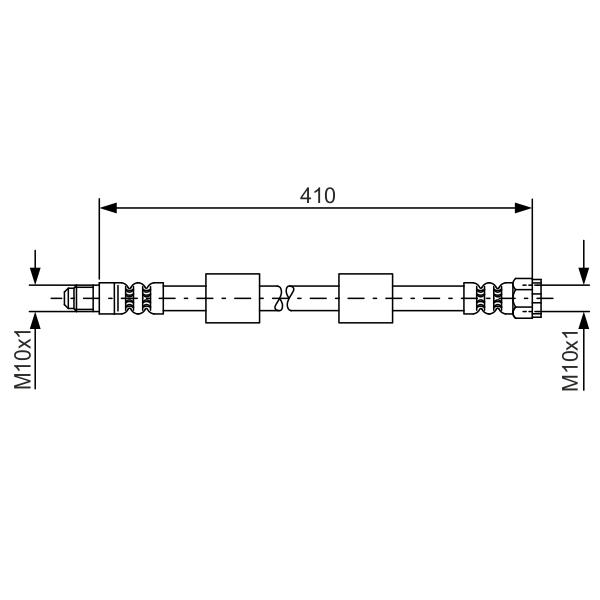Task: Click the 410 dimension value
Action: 318,196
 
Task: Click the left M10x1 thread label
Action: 23,359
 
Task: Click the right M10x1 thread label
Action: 571,360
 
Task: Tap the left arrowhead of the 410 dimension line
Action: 108,208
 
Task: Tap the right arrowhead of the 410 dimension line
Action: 523,208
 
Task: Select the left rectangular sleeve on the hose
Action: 233,298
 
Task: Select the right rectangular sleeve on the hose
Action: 366,298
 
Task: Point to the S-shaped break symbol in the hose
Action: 284,298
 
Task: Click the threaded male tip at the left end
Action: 79,298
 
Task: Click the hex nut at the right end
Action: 527,298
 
